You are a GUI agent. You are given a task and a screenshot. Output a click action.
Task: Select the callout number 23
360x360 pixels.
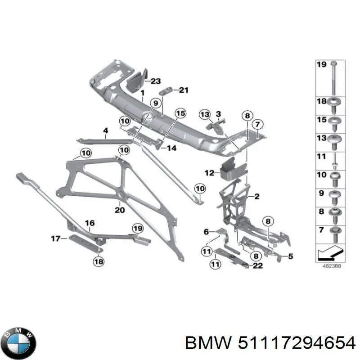pos(155,81)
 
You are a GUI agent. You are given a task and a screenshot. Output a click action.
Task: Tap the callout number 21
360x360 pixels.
pos(182,90)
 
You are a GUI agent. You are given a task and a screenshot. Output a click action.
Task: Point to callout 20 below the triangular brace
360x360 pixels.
pos(119,210)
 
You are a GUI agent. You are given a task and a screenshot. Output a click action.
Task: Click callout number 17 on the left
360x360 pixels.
pos(55,238)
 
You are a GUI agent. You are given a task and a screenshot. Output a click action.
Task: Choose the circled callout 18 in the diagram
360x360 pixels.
pos(98,260)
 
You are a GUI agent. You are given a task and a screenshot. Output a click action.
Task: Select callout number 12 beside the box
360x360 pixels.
pos(209,172)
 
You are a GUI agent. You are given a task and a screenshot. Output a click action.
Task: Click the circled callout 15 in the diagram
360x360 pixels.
pos(180,114)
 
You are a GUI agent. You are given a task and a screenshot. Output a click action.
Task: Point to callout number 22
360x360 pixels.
pos(257,266)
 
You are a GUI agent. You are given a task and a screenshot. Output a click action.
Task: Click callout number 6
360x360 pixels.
pos(207,232)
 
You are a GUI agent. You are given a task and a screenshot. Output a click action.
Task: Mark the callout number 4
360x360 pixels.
pos(105,132)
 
